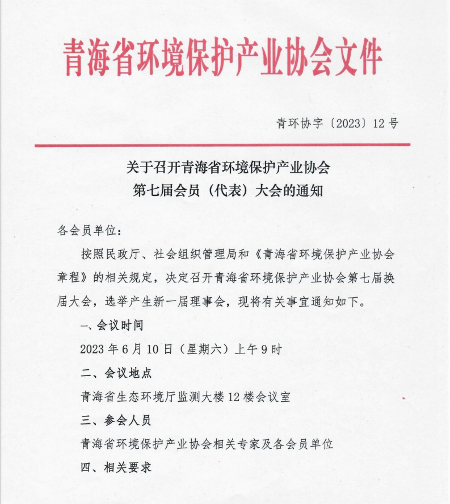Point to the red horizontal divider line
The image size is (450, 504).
(222, 145)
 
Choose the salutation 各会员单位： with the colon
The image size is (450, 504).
(90, 230)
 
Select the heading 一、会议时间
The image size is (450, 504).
(112, 326)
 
